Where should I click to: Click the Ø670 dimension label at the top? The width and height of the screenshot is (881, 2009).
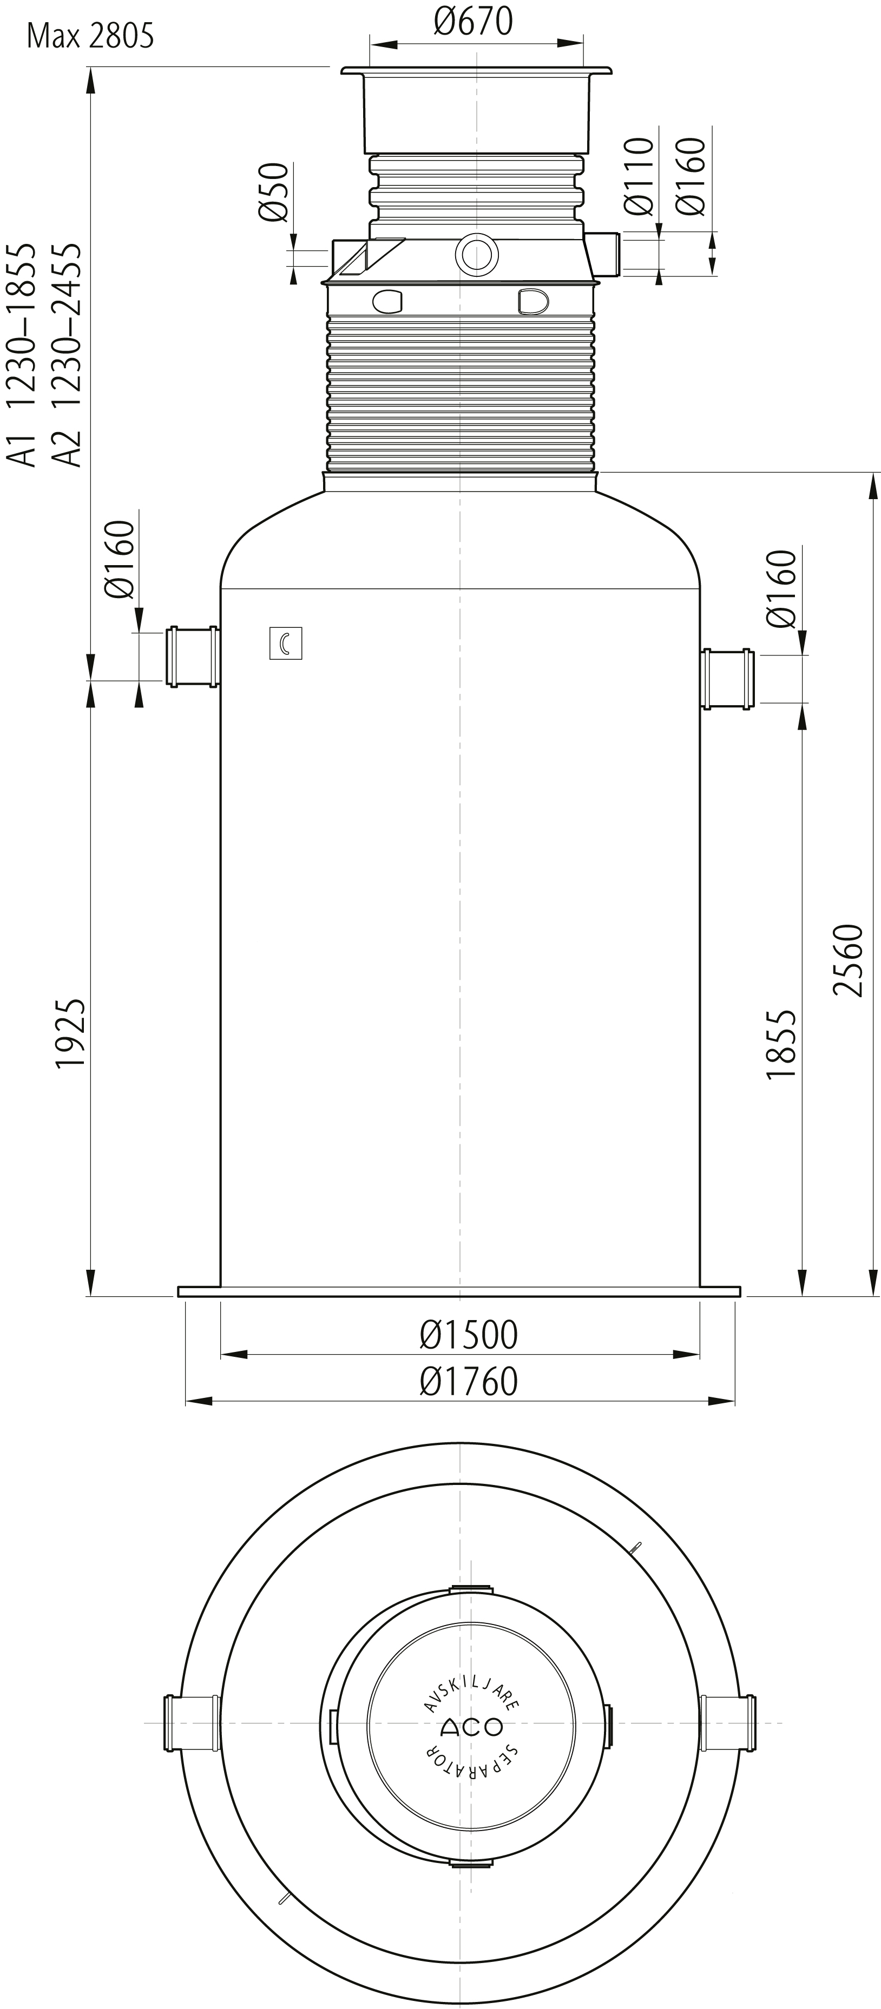point(473,21)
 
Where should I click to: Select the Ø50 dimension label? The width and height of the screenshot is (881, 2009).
point(274,192)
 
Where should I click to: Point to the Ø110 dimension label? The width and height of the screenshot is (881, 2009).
point(639,176)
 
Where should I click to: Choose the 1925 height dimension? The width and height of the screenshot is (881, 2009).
point(71,1033)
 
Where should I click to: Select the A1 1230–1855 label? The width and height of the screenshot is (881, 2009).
point(22,355)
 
